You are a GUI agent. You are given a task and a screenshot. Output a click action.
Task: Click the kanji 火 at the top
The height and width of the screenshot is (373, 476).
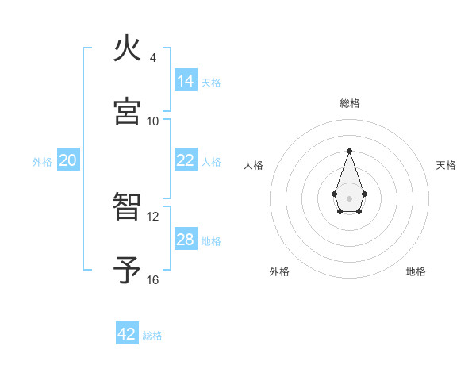coord(128,50)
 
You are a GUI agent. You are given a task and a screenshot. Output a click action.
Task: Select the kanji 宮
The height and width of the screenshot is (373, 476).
coord(128,112)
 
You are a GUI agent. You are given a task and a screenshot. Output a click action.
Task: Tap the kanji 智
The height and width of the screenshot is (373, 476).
coord(128,208)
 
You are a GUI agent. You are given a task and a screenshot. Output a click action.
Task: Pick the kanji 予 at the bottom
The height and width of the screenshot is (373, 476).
coord(128,271)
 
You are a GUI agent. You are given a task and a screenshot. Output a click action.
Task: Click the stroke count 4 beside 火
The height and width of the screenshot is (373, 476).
coord(152,58)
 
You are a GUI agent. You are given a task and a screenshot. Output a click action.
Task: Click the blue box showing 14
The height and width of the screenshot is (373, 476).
coord(185,80)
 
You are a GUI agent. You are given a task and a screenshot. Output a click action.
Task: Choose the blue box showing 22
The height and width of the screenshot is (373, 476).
coord(185,160)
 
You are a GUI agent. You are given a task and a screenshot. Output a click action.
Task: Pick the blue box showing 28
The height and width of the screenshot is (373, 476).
coord(185,240)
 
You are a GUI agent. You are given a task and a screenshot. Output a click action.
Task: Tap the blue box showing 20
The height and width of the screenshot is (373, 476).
coord(67,160)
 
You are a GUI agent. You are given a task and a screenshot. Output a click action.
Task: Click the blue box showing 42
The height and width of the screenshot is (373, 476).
coord(127,334)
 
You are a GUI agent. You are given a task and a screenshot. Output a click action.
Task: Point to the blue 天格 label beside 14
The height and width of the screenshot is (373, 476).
coord(211,82)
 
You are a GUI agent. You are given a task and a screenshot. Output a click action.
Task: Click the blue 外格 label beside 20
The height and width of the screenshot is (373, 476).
coord(42,162)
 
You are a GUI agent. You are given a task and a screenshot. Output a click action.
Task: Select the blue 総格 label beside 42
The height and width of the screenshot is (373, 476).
coord(152,336)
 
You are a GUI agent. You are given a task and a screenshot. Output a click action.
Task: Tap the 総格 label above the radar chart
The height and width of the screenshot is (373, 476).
coord(349,103)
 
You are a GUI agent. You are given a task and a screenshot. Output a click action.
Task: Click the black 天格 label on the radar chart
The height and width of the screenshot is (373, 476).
coord(446,165)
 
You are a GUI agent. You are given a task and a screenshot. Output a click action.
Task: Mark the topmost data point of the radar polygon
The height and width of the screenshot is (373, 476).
coord(349,151)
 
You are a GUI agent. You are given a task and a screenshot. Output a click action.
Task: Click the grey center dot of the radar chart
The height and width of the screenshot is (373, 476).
coord(349,197)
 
